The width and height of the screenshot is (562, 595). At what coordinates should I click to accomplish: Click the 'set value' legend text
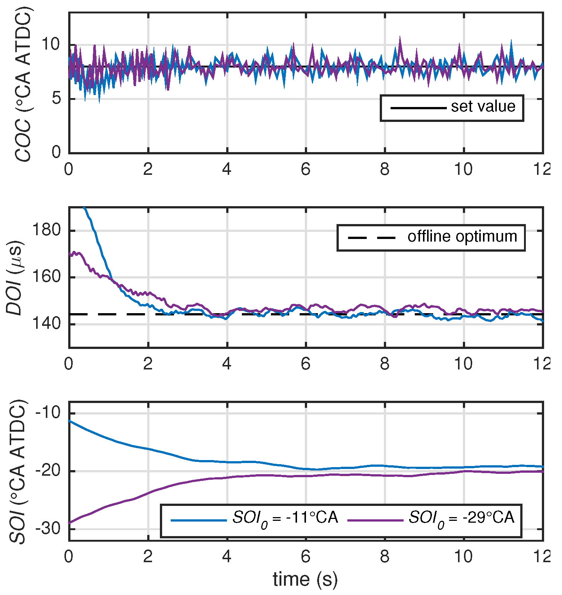click(x=483, y=107)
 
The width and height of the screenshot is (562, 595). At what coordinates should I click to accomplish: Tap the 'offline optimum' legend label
click(x=462, y=237)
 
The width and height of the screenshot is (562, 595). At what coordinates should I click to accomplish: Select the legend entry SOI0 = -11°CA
click(x=285, y=518)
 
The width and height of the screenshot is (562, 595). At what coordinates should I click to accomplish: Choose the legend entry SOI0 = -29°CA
click(x=461, y=518)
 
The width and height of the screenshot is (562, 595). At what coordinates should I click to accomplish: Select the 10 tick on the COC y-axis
click(x=50, y=45)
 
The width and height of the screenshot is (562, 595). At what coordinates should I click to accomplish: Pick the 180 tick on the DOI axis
click(x=47, y=230)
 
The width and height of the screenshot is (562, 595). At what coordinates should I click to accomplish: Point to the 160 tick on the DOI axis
click(x=47, y=277)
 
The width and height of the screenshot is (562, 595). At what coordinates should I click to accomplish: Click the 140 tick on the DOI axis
click(x=47, y=324)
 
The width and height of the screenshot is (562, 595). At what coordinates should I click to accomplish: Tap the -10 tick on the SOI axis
click(x=47, y=413)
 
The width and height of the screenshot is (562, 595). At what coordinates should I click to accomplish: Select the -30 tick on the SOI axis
click(x=47, y=529)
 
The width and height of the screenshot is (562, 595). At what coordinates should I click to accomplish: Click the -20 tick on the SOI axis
click(x=47, y=471)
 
